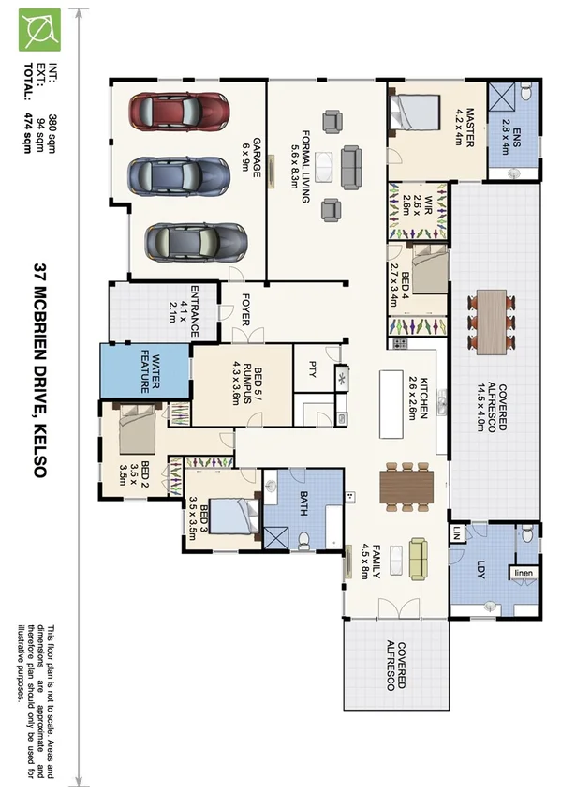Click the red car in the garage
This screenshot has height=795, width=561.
(179, 112)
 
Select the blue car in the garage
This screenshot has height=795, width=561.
(179, 176)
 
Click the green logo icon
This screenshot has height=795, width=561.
(39, 29)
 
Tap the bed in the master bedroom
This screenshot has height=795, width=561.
(414, 114)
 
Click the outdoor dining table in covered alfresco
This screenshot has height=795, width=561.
(491, 322)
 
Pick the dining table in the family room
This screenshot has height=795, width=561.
(406, 487)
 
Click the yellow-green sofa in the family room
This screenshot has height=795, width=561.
(419, 559)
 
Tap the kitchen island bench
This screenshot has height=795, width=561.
(391, 404)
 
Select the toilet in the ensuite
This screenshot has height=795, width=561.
(527, 92)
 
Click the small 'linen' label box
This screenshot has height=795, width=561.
(524, 573)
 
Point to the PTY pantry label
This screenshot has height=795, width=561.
(312, 368)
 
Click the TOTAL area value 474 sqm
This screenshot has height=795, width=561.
(27, 131)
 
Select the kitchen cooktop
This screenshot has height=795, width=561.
(400, 343)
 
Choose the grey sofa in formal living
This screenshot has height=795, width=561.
(351, 167)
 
